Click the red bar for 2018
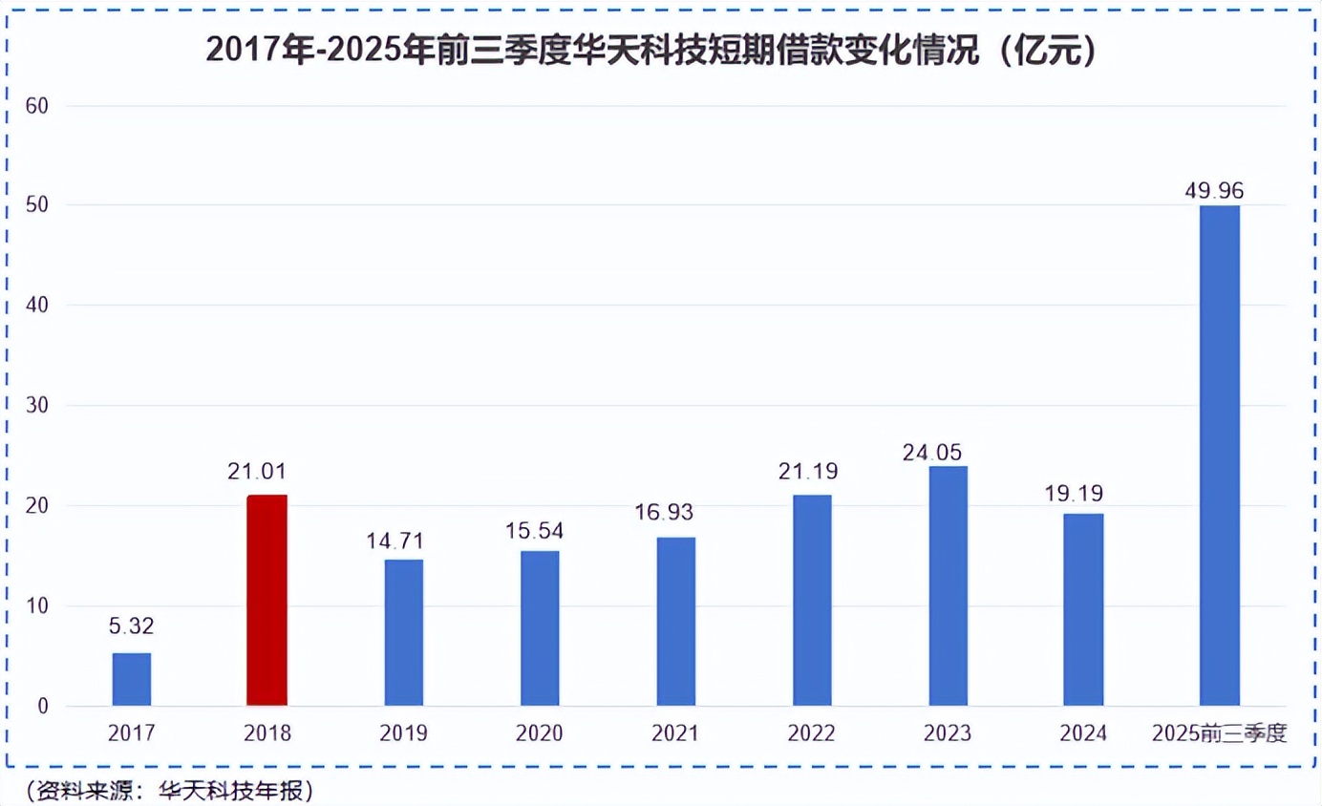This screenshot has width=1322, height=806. click(x=267, y=601)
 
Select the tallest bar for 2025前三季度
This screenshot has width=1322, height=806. click(x=1220, y=456)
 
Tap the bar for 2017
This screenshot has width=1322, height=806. click(x=132, y=679)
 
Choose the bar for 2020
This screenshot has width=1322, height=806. click(x=540, y=628)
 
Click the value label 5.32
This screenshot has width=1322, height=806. click(x=132, y=627)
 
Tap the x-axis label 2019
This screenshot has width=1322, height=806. click(x=404, y=733)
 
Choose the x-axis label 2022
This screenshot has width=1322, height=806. click(x=812, y=733)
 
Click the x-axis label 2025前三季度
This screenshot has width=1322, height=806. click(x=1220, y=733)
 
